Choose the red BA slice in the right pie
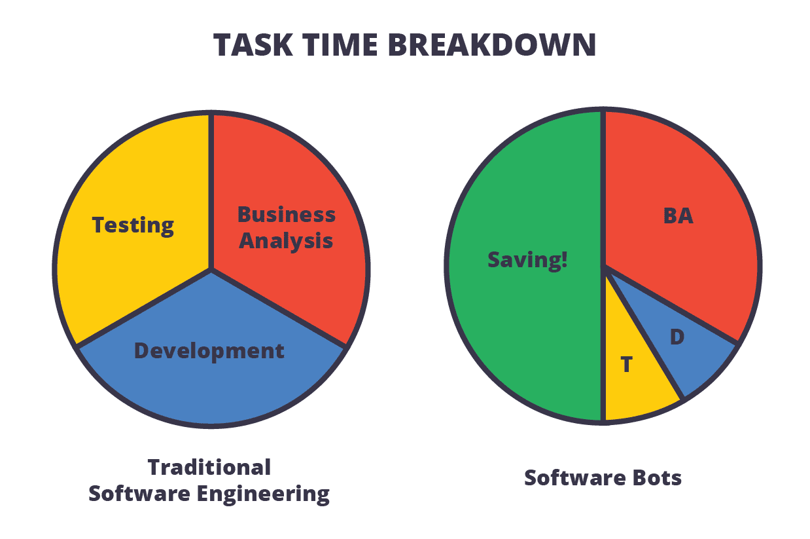(x=680, y=262)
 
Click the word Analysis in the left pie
(x=286, y=240)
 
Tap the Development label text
(x=209, y=351)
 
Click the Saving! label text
(x=527, y=260)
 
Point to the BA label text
(x=678, y=215)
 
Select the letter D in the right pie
(x=677, y=337)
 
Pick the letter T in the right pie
(x=627, y=364)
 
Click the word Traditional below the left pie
(x=209, y=467)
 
